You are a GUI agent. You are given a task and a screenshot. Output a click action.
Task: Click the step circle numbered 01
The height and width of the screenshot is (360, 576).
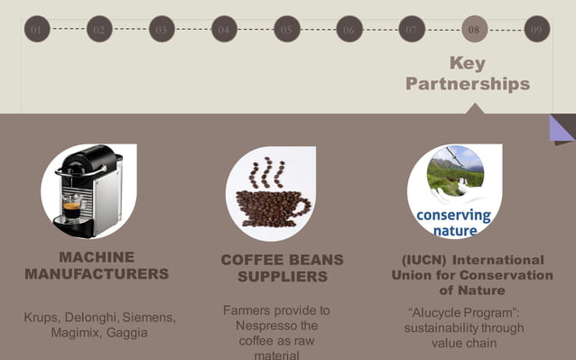[x=37, y=29]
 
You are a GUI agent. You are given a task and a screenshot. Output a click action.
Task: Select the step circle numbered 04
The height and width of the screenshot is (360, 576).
[x=224, y=29]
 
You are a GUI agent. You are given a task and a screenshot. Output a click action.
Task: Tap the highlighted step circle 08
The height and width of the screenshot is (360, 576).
[x=474, y=29]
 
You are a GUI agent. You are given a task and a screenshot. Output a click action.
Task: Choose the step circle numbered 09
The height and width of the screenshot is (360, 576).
[x=536, y=29]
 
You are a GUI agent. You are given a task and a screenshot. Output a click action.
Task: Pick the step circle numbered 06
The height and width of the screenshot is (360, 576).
[x=348, y=29]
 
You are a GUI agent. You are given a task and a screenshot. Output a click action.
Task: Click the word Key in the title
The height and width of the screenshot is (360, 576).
[x=467, y=63]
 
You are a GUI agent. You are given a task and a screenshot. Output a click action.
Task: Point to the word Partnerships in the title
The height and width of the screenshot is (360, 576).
[x=467, y=84]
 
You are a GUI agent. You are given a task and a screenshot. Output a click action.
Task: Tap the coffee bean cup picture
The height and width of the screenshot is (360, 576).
[x=271, y=192]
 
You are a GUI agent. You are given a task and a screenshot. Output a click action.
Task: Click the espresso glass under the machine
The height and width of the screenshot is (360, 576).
[x=71, y=209]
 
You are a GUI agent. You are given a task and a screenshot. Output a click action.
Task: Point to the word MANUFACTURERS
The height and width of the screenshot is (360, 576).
[x=97, y=273]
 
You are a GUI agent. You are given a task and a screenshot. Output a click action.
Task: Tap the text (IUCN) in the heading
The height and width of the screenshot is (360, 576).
[x=430, y=259]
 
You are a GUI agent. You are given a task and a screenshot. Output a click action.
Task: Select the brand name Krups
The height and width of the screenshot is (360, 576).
[x=42, y=318]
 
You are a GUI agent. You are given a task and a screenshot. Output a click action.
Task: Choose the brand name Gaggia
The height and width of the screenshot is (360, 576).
[x=126, y=333]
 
